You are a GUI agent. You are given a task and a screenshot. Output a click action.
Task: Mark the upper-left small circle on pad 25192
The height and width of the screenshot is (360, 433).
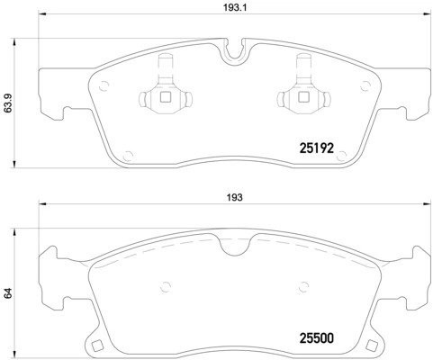pos(102,87)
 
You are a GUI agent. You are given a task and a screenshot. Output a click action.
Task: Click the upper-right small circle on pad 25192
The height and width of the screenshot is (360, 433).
pos(364,87)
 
